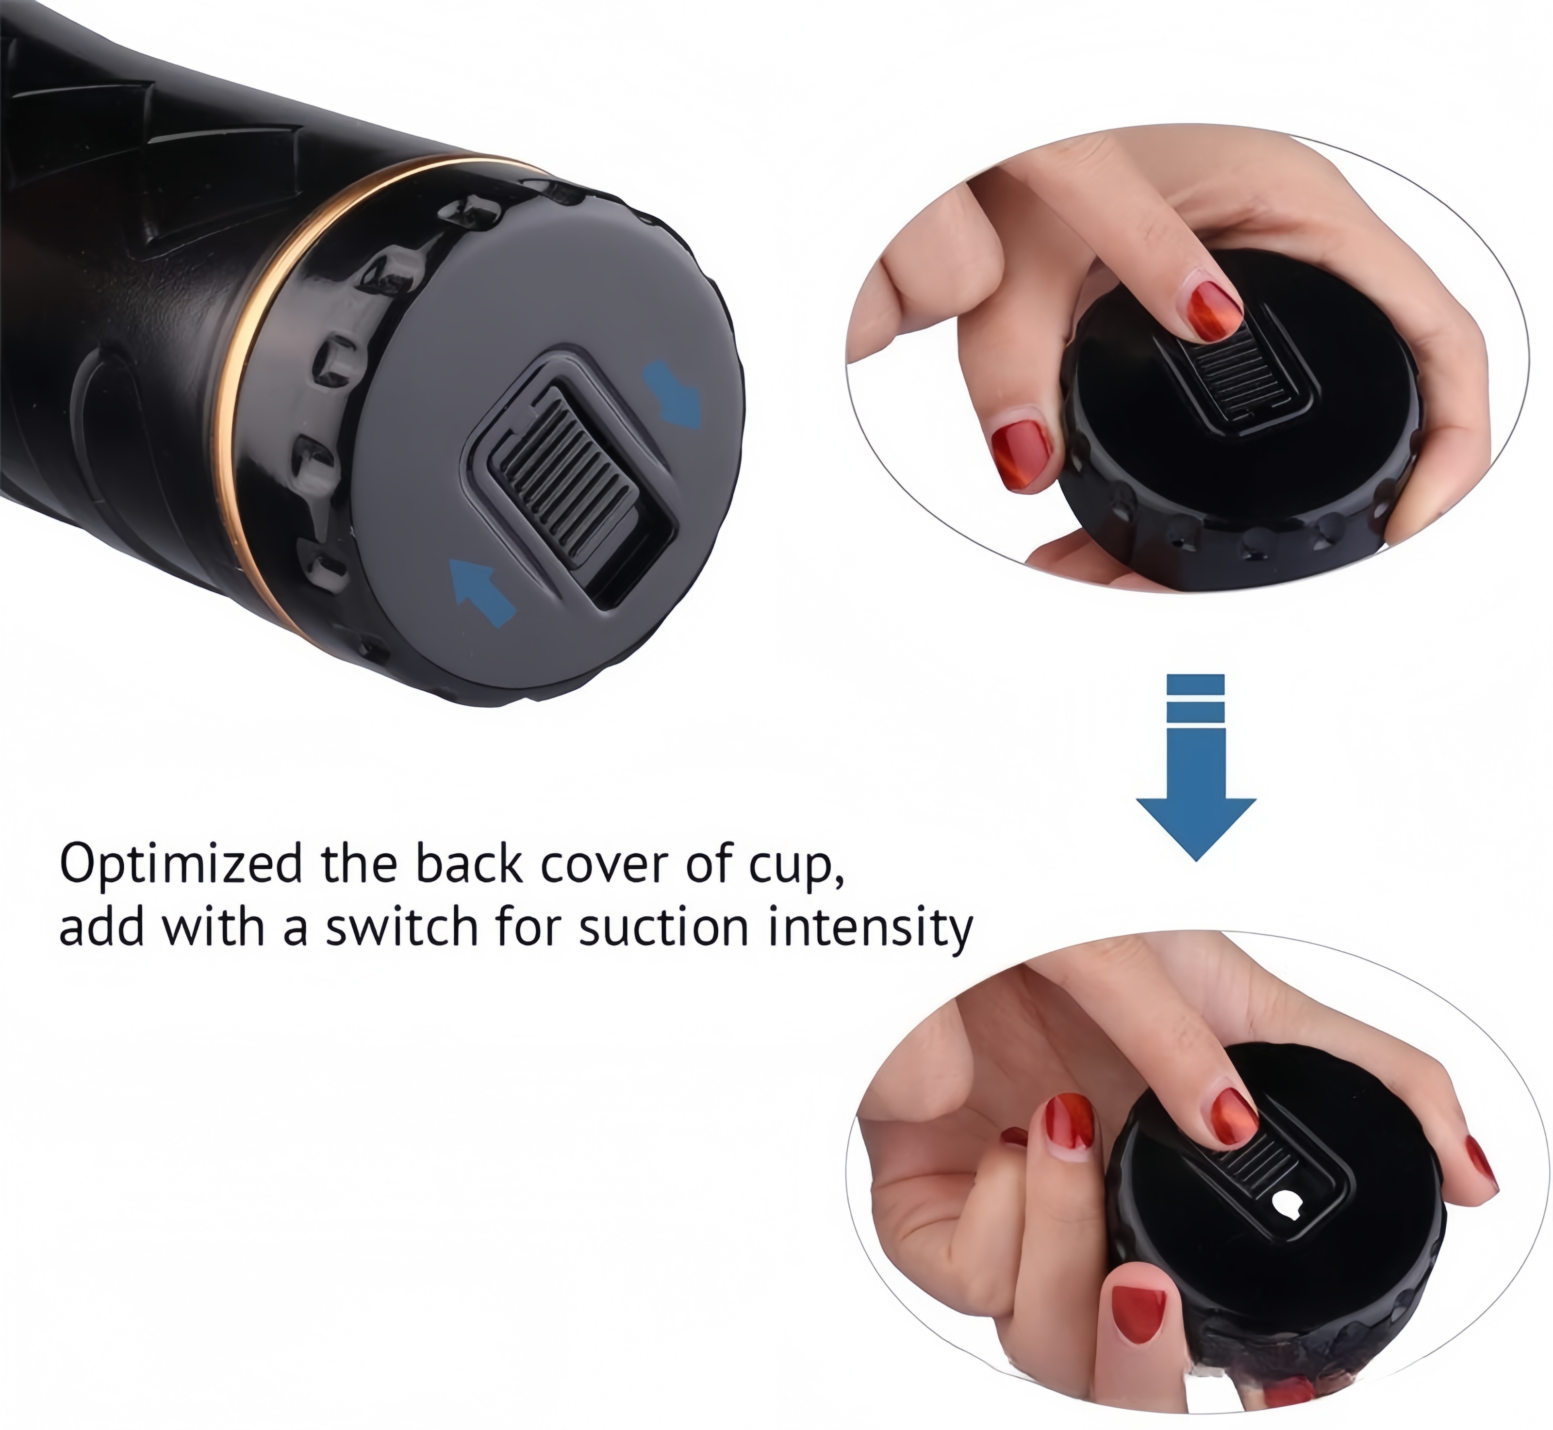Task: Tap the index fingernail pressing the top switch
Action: (x=1213, y=312)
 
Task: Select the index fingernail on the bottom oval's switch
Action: (x=1234, y=1118)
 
